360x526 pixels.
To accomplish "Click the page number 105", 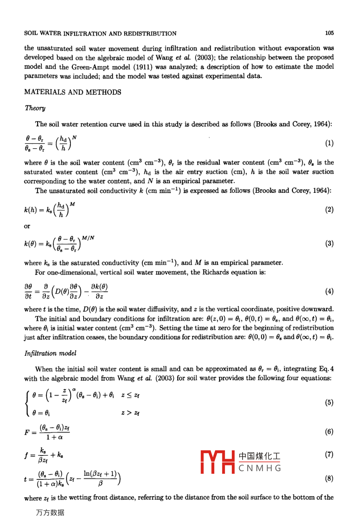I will click(329, 33).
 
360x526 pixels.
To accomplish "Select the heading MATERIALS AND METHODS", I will click(72, 92).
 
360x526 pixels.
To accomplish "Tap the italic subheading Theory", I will click(35, 108).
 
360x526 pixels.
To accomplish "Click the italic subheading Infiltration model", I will click(50, 353).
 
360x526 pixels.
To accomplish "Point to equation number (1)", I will click(329, 143).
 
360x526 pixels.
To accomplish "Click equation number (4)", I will click(329, 291).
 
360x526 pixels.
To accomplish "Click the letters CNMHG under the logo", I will click(260, 468).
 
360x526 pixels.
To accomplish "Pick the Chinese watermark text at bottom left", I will click(50, 513).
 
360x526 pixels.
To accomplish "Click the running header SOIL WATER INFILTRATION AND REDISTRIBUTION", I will click(100, 33).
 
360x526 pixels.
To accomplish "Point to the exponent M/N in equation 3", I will click(88, 238).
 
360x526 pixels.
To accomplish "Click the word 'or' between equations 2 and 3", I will click(27, 226).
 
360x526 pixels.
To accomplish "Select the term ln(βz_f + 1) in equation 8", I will click(100, 474).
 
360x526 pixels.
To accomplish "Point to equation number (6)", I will click(329, 432).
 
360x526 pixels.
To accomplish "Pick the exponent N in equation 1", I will click(74, 137).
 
